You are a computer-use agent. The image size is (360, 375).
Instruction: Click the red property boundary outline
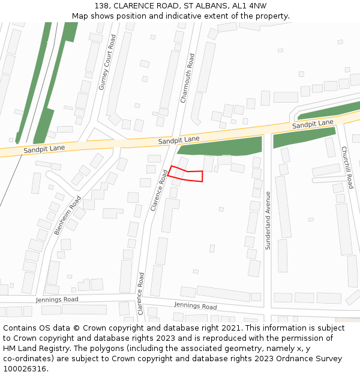(x=186, y=174)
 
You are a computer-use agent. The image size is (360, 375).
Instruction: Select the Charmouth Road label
(x=188, y=78)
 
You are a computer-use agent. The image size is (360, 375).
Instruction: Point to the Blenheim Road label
(x=67, y=215)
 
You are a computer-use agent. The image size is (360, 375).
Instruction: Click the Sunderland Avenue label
(x=268, y=220)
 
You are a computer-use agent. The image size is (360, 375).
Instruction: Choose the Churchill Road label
(x=347, y=167)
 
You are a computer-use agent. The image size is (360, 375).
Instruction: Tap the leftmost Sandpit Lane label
(x=44, y=149)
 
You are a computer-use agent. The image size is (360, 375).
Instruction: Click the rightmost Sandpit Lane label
(x=313, y=124)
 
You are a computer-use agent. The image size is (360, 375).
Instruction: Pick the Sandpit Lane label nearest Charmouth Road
(x=179, y=140)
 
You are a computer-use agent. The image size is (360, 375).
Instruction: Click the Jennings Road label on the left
(x=57, y=299)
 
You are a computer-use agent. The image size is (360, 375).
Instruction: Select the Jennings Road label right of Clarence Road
(x=196, y=306)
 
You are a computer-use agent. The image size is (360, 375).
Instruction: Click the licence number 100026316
(x=25, y=368)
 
